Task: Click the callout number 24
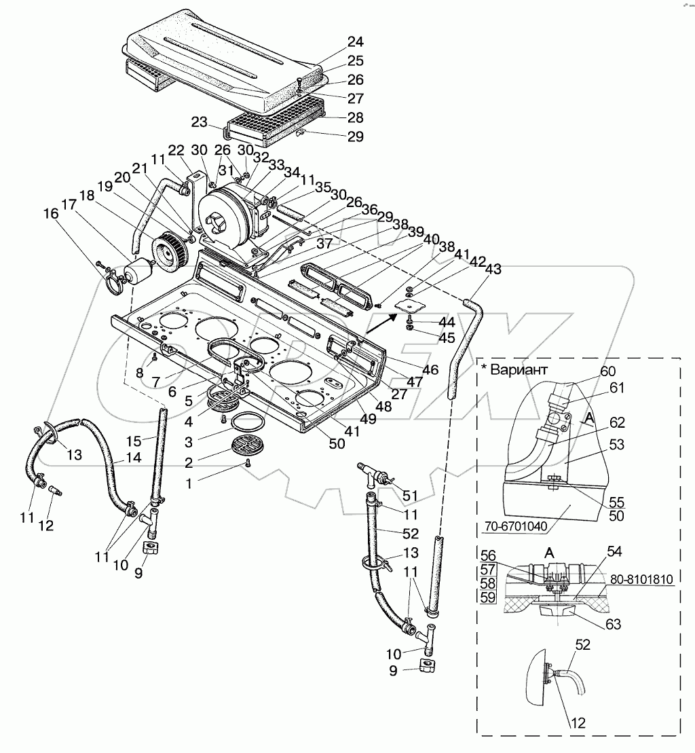pos(355,42)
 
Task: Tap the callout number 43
pos(493,269)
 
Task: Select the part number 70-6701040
pos(516,526)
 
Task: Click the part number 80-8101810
pos(642,579)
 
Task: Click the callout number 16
pos(51,213)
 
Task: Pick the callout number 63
pos(614,624)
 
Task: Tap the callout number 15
pos(134,441)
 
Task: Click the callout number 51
pos(410,495)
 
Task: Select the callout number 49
pos(368,419)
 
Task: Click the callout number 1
pos(189,483)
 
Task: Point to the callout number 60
pos(607,371)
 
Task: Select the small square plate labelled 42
pos(409,306)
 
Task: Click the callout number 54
pos(614,552)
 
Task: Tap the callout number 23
pos(199,122)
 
